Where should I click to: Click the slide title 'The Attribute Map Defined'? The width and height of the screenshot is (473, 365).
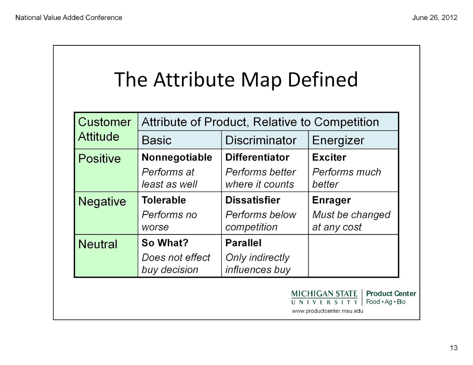click(236, 80)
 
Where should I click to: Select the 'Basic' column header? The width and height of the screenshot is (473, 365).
click(156, 140)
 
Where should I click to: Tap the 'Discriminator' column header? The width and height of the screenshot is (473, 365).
click(261, 140)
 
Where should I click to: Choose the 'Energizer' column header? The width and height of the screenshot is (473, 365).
click(338, 141)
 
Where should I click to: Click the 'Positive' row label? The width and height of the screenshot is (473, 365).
click(99, 159)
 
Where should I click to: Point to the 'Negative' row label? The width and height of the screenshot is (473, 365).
click(102, 201)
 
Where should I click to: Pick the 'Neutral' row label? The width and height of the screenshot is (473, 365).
click(98, 244)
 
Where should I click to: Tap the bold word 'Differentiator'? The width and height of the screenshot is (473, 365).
click(257, 157)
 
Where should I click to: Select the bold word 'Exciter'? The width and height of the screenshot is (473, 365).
click(329, 157)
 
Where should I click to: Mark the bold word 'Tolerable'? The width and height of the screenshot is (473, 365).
click(164, 200)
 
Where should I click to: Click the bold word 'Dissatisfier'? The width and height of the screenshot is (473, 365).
click(252, 200)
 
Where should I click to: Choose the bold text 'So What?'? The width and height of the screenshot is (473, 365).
click(165, 243)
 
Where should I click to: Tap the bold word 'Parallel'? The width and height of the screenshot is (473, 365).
click(243, 243)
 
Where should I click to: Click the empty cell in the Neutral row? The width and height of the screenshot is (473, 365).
click(353, 256)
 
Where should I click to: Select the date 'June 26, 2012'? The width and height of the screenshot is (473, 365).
click(435, 18)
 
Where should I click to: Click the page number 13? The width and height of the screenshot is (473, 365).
click(453, 348)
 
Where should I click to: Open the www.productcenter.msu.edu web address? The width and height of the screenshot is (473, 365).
click(328, 311)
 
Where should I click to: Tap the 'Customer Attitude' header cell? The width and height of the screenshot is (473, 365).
click(106, 131)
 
